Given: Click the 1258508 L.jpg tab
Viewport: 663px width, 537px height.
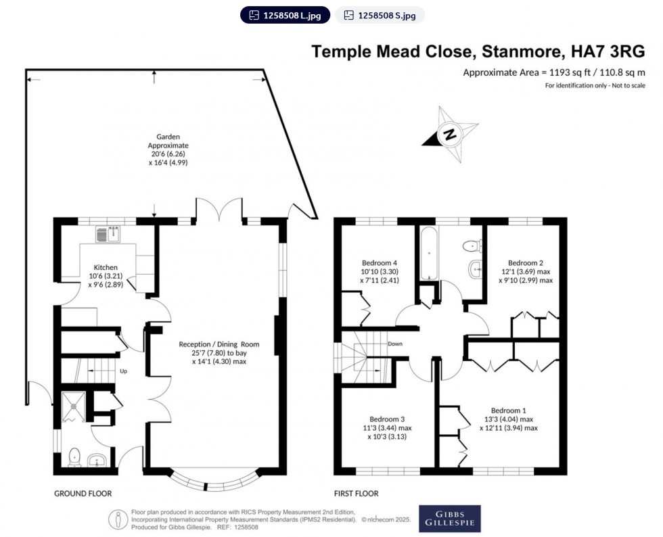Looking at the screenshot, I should [285, 15].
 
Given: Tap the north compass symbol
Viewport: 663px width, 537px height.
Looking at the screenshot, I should [450, 134].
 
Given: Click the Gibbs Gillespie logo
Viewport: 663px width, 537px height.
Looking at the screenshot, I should [449, 518].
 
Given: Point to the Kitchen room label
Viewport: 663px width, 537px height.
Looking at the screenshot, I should [106, 267].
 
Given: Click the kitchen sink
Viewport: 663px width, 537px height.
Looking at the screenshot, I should [108, 235].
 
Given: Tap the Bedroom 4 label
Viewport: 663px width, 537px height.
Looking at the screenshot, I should [380, 262].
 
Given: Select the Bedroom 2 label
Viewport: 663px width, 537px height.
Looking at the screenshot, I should [526, 262].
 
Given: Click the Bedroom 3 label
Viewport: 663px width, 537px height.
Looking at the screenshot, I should [386, 419].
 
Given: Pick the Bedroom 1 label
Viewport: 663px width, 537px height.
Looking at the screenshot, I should [509, 411].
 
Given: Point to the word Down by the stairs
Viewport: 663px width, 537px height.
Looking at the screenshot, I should [396, 344].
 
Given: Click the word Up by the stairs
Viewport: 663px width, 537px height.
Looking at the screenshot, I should [123, 371].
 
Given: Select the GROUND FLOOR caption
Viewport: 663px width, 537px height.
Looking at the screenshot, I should [83, 494].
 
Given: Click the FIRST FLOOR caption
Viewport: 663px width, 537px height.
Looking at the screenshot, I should [356, 494].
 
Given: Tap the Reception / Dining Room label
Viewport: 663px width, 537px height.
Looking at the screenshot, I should [219, 344].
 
